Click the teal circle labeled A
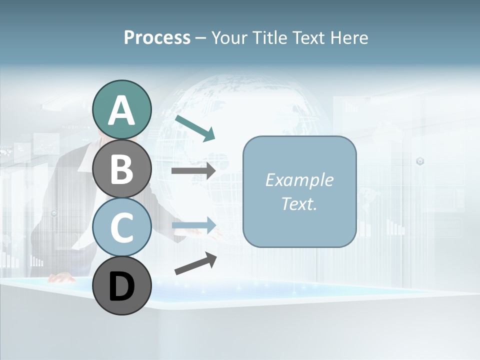click(x=121, y=109)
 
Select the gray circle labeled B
click(x=121, y=168)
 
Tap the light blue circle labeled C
click(x=121, y=227)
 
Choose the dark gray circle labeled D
click(x=121, y=285)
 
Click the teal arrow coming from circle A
click(x=195, y=128)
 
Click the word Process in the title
click(x=157, y=37)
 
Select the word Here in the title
click(x=350, y=37)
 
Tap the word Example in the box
click(x=299, y=180)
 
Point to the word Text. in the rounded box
click(x=299, y=203)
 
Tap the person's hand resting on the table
click(x=62, y=276)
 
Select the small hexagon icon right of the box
click(x=420, y=161)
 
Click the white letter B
click(x=121, y=168)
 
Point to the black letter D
click(x=121, y=286)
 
